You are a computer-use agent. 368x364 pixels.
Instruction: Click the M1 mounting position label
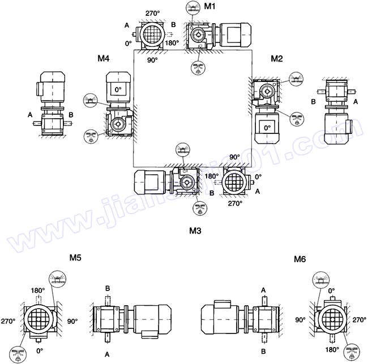click(x=209, y=6)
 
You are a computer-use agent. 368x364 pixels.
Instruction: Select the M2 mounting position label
click(x=276, y=58)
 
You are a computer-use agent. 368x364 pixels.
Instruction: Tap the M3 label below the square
click(x=196, y=231)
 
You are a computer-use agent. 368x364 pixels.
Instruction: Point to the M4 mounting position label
click(x=103, y=58)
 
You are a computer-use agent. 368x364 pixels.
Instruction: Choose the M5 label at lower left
click(x=75, y=258)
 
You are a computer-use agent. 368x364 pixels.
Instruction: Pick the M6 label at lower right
click(x=300, y=259)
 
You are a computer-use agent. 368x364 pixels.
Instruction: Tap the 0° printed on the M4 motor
click(x=118, y=89)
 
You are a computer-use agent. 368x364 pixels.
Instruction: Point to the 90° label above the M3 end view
click(x=234, y=157)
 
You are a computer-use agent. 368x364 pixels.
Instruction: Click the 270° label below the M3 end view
click(x=234, y=203)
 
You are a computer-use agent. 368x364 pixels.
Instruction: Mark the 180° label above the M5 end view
click(x=37, y=291)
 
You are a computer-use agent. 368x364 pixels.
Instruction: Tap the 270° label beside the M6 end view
click(x=358, y=319)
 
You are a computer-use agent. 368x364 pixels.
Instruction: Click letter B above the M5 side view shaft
click(x=108, y=288)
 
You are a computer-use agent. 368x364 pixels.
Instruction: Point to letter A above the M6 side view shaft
click(x=264, y=288)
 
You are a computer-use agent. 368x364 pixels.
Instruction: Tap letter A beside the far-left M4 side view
click(x=29, y=115)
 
